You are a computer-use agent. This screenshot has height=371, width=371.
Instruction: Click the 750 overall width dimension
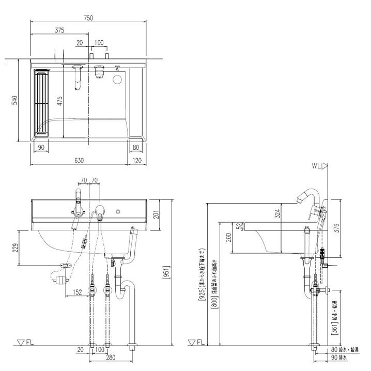pyautogui.click(x=88, y=18)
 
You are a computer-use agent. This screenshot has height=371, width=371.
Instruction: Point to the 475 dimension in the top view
pyautogui.click(x=60, y=100)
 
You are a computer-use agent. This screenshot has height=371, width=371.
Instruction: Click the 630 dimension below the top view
pyautogui.click(x=79, y=161)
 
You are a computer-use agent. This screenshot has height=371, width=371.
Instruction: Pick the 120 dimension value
pyautogui.click(x=137, y=161)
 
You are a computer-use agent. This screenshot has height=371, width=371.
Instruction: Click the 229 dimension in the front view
pyautogui.click(x=15, y=248)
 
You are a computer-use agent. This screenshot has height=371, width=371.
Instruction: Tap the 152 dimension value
pyautogui.click(x=78, y=292)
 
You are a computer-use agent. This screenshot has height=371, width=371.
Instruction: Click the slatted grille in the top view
pyautogui.click(x=40, y=102)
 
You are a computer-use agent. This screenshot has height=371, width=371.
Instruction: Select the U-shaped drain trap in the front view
pyautogui.click(x=125, y=289)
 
